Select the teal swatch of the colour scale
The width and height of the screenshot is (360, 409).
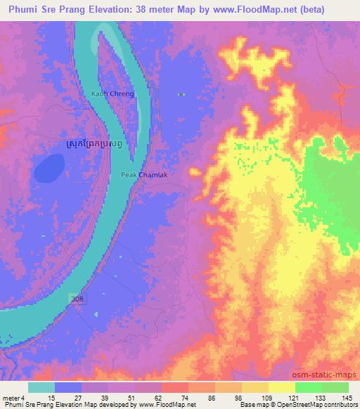41,387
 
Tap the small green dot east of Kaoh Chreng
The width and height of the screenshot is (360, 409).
181,93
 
